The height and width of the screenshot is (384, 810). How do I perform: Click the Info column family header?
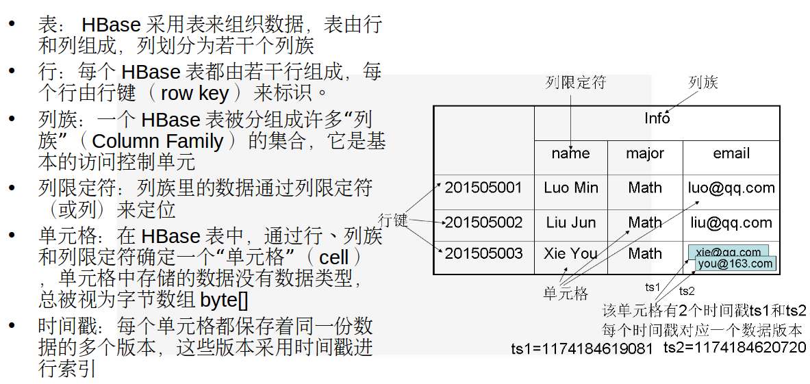pyautogui.click(x=657, y=118)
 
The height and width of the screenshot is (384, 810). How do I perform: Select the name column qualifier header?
pyautogui.click(x=570, y=153)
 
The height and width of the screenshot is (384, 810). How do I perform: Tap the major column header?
pyautogui.click(x=645, y=153)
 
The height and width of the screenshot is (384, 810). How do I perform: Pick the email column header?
pyautogui.click(x=731, y=153)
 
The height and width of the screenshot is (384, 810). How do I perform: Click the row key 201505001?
pyautogui.click(x=483, y=188)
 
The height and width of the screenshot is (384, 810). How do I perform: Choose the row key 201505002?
pyautogui.click(x=483, y=222)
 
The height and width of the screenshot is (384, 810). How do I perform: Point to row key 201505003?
pyautogui.click(x=483, y=254)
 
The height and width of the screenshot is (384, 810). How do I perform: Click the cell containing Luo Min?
pyautogui.click(x=571, y=188)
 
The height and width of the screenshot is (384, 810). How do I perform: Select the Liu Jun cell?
pyautogui.click(x=571, y=222)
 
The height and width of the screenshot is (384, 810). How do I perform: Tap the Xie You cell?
pyautogui.click(x=571, y=254)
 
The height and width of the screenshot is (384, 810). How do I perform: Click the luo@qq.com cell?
pyautogui.click(x=731, y=188)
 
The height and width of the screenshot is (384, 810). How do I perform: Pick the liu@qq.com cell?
pyautogui.click(x=731, y=222)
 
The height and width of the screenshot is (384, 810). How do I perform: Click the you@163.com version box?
pyautogui.click(x=735, y=264)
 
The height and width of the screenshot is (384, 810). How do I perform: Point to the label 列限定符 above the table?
pyautogui.click(x=576, y=83)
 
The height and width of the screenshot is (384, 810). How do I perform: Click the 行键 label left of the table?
pyautogui.click(x=393, y=220)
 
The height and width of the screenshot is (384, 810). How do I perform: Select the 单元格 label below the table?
pyautogui.click(x=566, y=294)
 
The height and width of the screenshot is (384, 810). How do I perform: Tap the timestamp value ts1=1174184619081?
pyautogui.click(x=582, y=349)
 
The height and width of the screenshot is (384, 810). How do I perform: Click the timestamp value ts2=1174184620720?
pyautogui.click(x=735, y=347)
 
